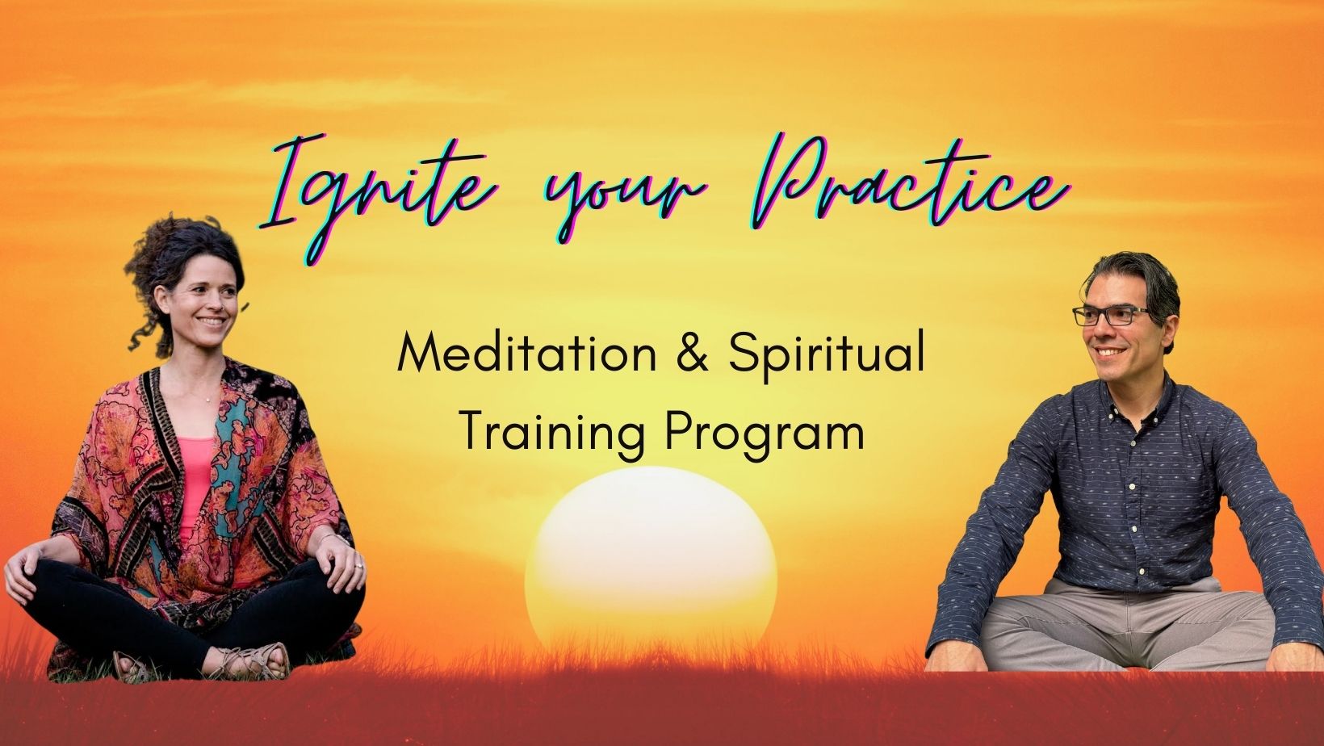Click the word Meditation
tap(527, 354)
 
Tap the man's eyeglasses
tap(1111, 316)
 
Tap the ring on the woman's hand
tap(358, 566)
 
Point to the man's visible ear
tap(1168, 331)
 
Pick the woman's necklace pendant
tap(208, 400)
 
